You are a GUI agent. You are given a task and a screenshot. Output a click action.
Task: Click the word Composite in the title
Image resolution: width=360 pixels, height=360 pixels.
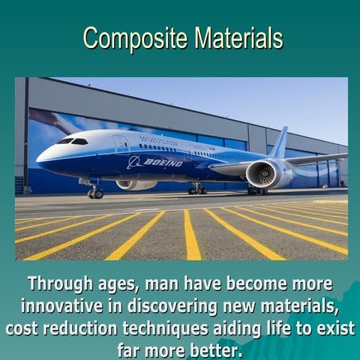136,37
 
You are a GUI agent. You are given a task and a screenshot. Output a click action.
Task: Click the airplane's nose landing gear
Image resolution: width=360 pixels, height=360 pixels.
95,192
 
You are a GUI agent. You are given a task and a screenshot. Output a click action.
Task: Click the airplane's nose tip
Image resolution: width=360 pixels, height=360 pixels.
38,157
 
